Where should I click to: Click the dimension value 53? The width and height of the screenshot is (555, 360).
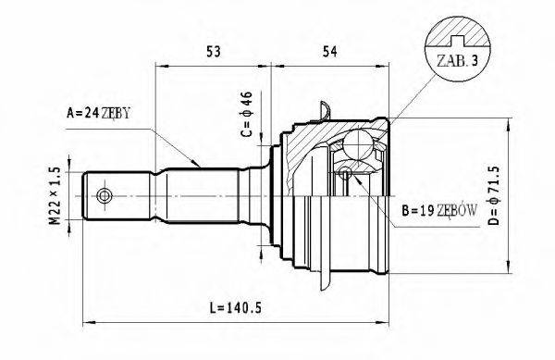(214, 52)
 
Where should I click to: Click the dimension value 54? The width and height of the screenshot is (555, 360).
(327, 52)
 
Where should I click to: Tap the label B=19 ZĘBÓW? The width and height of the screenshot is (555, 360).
(439, 210)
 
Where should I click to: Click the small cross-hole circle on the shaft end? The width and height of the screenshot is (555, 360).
(105, 196)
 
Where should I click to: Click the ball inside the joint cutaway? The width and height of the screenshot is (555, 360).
(359, 144)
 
